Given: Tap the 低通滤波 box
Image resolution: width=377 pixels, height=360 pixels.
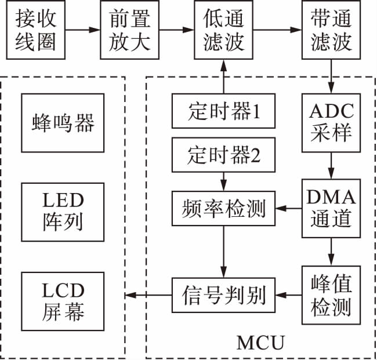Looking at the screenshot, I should click(222, 31).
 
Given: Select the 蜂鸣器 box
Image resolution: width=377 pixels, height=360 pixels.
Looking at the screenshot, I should click(62, 123).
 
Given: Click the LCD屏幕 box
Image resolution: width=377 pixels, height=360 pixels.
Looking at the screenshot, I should click(62, 301).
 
